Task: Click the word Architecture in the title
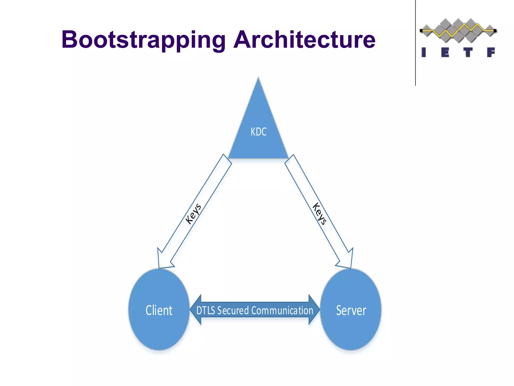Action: [304, 40]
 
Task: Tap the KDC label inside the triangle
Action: [259, 132]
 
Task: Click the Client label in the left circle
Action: [159, 310]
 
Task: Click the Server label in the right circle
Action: [351, 310]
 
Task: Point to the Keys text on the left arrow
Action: [193, 214]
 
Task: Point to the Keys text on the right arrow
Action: [319, 214]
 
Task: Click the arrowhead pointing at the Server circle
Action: [348, 261]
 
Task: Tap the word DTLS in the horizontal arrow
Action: [206, 310]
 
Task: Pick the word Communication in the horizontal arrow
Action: [282, 310]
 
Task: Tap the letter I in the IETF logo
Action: [424, 52]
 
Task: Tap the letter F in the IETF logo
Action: [491, 52]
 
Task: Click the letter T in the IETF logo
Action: [468, 52]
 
